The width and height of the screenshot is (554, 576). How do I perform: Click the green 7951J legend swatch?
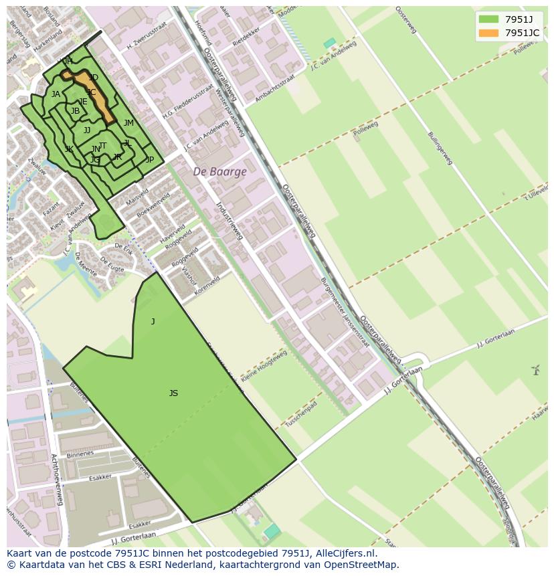[x=488, y=19]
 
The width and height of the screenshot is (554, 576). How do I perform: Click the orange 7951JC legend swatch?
[x=488, y=33]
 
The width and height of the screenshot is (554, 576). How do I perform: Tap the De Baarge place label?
[x=219, y=171]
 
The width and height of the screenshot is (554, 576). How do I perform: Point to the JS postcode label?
[x=173, y=393]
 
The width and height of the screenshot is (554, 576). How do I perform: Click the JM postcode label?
[x=128, y=123]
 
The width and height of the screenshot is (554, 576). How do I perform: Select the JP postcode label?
[x=150, y=160]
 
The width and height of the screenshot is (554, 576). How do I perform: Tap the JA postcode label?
[x=56, y=94]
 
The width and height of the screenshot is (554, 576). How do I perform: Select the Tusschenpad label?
[x=301, y=415]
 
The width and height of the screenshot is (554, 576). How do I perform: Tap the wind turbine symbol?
[x=535, y=369]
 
